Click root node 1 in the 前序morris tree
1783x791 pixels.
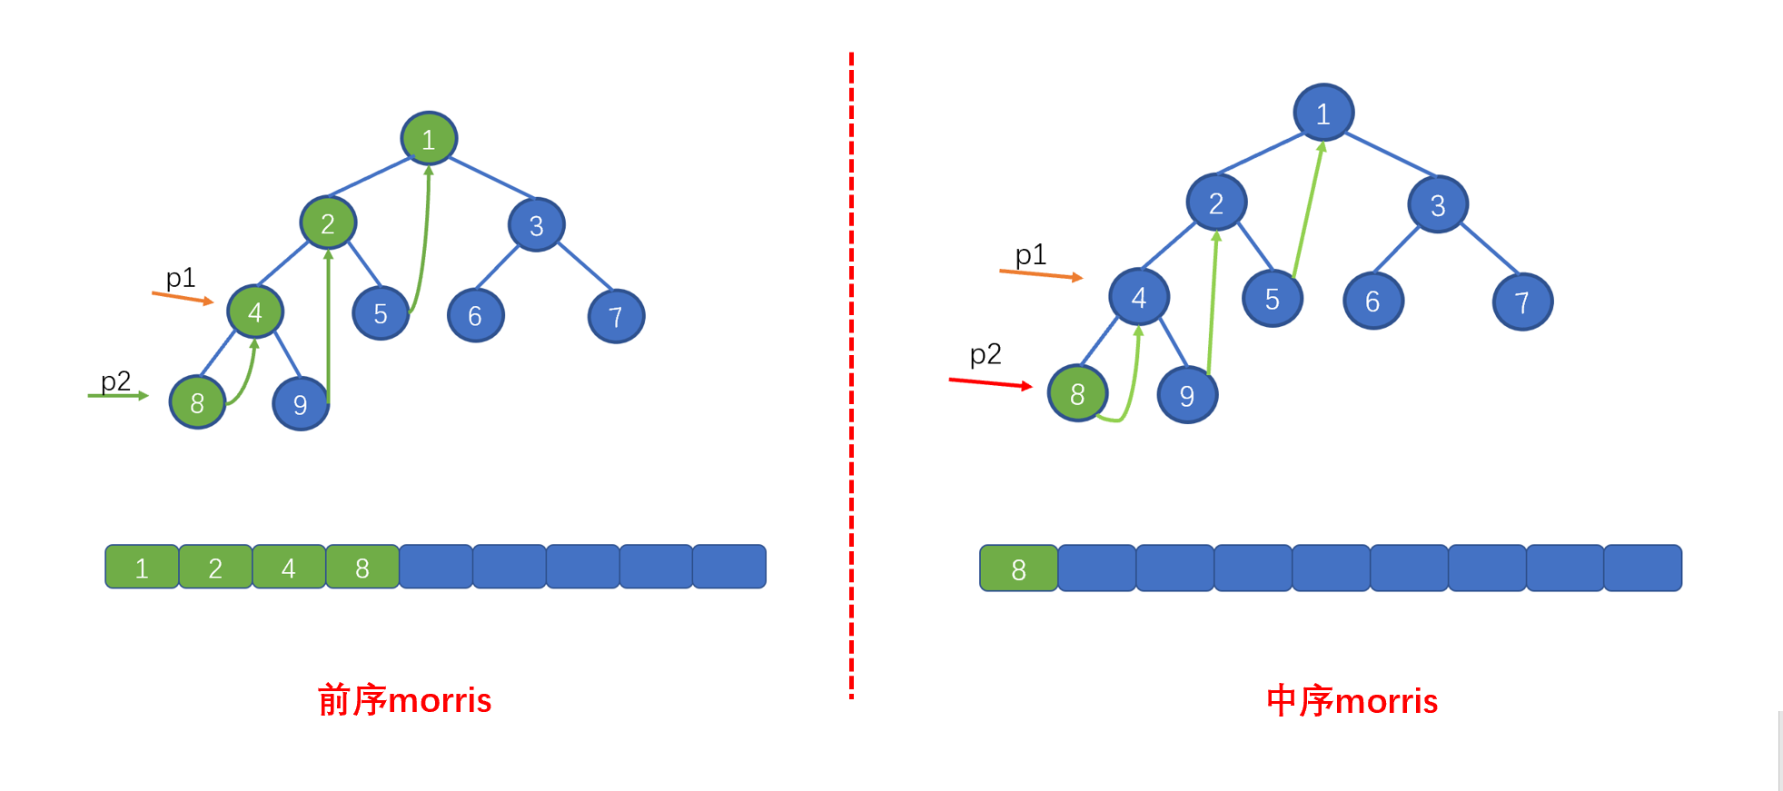click(x=429, y=139)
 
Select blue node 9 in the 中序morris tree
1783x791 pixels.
click(x=1187, y=395)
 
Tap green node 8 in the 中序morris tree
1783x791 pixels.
click(x=1077, y=393)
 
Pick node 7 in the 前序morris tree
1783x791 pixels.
click(x=616, y=316)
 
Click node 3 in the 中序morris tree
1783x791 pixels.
click(x=1438, y=204)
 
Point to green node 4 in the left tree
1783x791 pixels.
click(x=255, y=311)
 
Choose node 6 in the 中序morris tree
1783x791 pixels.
click(x=1373, y=301)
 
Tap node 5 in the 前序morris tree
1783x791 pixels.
click(x=381, y=313)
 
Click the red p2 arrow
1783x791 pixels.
click(x=991, y=383)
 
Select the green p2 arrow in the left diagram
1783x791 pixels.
click(x=118, y=395)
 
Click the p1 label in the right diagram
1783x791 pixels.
click(x=1031, y=254)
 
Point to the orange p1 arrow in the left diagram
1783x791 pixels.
click(x=183, y=297)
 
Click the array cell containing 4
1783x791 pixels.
click(x=289, y=567)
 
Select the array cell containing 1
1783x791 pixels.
click(x=142, y=567)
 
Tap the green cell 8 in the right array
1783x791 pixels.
click(x=1018, y=569)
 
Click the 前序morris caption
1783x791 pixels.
click(x=404, y=700)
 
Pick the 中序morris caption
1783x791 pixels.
click(x=1352, y=701)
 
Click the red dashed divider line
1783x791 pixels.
click(x=851, y=375)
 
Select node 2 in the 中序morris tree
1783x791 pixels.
click(x=1216, y=203)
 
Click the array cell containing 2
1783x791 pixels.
click(x=215, y=567)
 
